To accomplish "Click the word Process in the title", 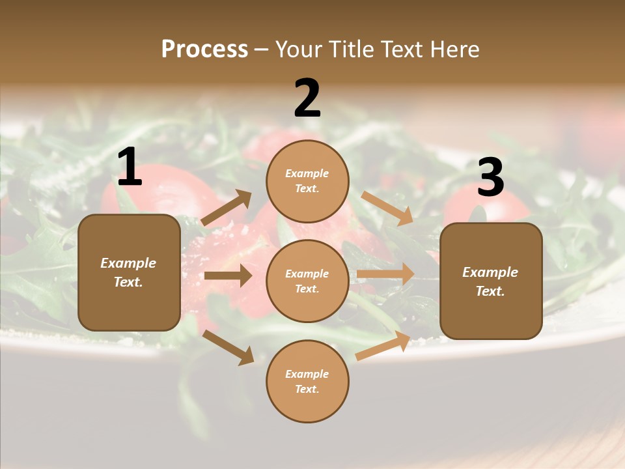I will click(204, 50).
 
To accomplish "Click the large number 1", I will click(129, 167).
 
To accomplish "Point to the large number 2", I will click(307, 98).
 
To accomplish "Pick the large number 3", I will click(490, 178).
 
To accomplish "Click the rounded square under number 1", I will click(129, 272).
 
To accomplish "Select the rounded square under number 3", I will click(491, 281).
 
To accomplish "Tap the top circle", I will click(307, 181).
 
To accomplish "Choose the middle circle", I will click(307, 281).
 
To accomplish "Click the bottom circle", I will click(307, 381).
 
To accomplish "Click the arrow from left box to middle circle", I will click(228, 276).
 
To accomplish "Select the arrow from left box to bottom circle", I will click(228, 347).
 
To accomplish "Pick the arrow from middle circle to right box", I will click(385, 274).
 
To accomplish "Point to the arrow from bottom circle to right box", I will click(383, 345).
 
